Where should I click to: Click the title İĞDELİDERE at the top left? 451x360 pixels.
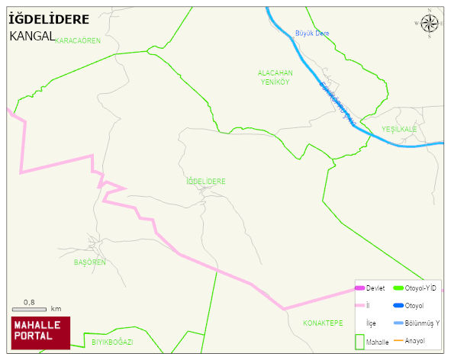(x=50, y=18)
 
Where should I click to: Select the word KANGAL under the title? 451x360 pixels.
(x=32, y=36)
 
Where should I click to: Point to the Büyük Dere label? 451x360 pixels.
(x=311, y=34)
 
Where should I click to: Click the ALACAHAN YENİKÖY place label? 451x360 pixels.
(x=275, y=77)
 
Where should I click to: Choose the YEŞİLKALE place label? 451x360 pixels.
(x=399, y=129)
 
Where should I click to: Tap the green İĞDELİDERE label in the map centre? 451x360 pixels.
(x=206, y=182)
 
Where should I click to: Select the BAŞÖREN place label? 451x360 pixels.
(x=89, y=262)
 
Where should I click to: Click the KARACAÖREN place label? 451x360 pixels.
(x=78, y=40)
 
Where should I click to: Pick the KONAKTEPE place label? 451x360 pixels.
(x=323, y=323)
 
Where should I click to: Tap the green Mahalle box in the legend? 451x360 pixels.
(x=360, y=341)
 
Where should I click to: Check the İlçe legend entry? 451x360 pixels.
(x=372, y=323)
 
